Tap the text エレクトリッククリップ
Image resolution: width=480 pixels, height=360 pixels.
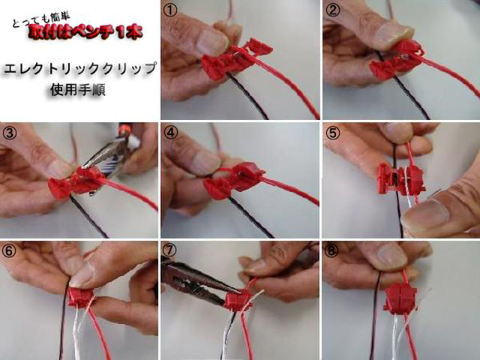(79, 68)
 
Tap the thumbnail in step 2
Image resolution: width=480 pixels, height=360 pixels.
(400, 60)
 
